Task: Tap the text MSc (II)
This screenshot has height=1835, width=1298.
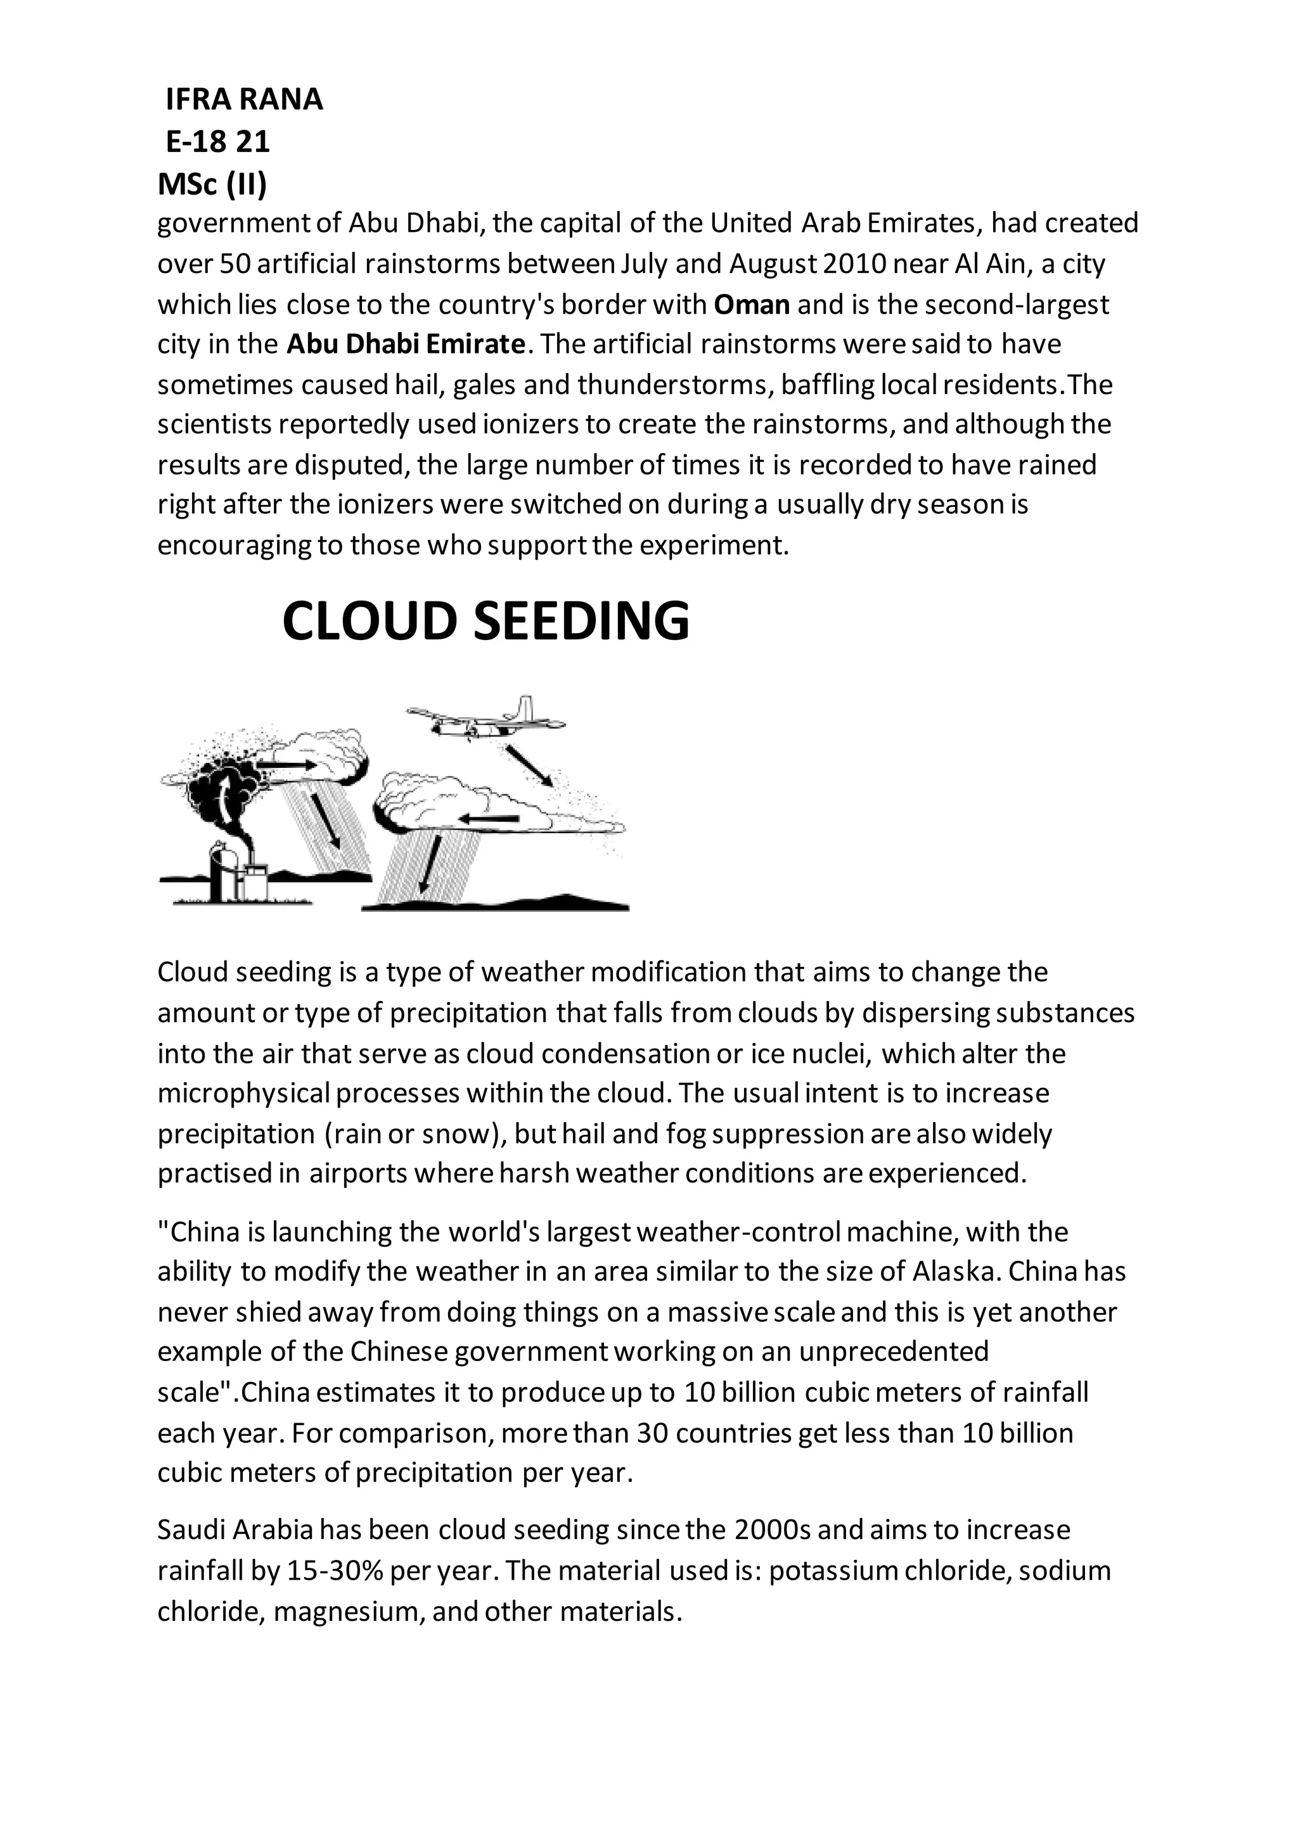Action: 212,184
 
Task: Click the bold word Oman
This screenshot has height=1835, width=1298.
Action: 751,305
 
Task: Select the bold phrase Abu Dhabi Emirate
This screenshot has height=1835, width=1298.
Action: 406,345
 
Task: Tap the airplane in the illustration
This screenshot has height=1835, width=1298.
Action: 480,719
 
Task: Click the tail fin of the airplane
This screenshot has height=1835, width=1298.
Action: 524,707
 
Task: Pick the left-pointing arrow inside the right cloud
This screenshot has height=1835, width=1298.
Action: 489,819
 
